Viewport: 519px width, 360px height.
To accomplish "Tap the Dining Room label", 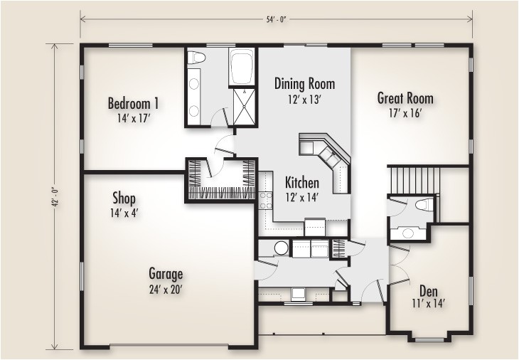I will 304,84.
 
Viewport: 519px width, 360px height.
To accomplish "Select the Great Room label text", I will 405,98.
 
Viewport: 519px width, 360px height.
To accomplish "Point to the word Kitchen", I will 302,182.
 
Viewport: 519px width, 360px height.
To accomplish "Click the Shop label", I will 124,198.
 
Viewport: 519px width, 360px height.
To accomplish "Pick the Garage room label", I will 166,273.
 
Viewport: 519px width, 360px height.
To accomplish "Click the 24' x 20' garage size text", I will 166,289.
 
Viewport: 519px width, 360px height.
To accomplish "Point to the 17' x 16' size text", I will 405,113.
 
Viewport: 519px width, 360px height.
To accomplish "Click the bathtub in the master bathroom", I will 243,68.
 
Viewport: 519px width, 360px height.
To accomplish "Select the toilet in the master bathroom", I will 197,57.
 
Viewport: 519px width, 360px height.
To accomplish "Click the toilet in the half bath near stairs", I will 424,206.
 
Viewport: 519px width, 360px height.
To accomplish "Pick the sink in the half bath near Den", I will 407,231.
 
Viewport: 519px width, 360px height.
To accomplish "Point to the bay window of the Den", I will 429,337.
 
